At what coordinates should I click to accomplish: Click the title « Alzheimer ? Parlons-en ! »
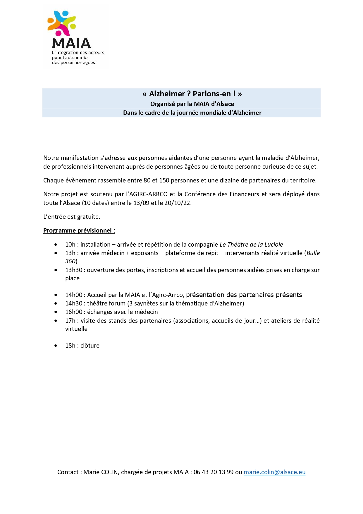point(192,94)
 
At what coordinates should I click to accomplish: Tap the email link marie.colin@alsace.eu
point(274,472)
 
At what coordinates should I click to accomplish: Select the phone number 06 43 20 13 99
point(213,472)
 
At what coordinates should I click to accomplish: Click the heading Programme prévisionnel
point(79,230)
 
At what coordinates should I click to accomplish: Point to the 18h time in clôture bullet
point(70,346)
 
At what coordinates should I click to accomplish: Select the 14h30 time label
point(74,303)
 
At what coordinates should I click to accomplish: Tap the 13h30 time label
point(74,270)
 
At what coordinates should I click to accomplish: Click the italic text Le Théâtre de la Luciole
point(251,245)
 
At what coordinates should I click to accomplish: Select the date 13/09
point(141,203)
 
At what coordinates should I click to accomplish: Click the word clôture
point(90,346)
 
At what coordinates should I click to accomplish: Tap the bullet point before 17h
point(56,321)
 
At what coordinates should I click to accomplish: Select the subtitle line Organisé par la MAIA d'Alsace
point(192,104)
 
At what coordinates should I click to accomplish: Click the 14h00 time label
point(74,295)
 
